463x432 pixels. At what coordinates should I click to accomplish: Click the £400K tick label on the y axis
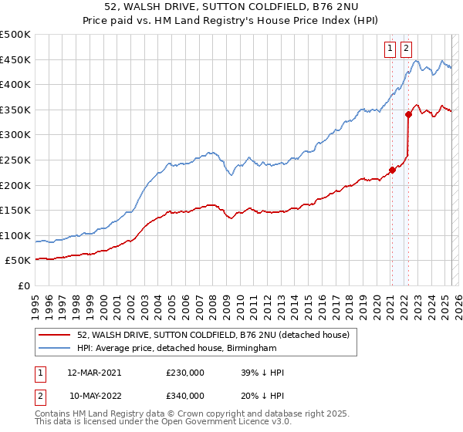(x=15, y=84)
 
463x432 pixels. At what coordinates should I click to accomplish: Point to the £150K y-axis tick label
(x=15, y=210)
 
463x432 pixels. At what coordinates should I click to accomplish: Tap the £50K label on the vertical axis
(x=19, y=260)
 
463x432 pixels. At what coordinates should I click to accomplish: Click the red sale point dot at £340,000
(x=408, y=115)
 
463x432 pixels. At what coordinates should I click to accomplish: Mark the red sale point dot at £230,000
(x=392, y=170)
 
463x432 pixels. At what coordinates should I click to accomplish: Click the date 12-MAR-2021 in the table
(x=94, y=373)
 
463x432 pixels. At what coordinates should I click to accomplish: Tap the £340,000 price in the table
(x=185, y=396)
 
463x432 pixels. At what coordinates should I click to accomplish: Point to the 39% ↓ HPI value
(x=262, y=373)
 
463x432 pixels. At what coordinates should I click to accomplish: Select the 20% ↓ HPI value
(x=262, y=396)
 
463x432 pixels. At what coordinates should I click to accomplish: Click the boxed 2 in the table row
(x=39, y=396)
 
